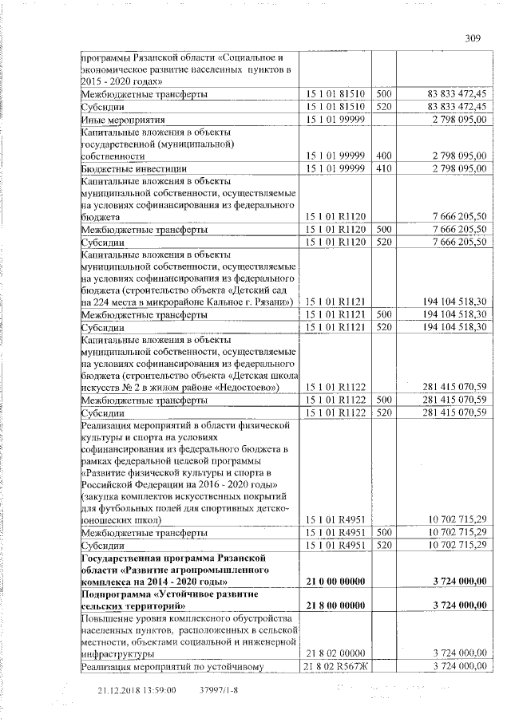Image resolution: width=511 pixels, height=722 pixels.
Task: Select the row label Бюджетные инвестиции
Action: click(x=134, y=169)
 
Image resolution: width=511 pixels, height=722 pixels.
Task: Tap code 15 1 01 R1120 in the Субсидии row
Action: click(x=335, y=241)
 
